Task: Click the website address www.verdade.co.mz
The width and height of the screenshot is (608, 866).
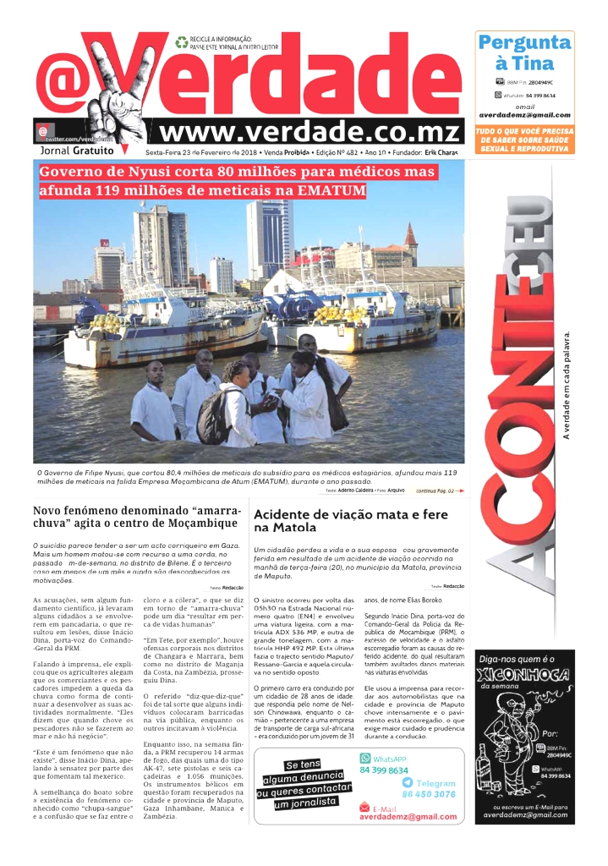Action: (x=310, y=132)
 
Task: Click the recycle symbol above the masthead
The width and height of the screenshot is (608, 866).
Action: (x=181, y=41)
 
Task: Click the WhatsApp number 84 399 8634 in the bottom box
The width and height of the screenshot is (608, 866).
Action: (x=383, y=770)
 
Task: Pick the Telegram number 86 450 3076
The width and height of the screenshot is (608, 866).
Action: (x=428, y=794)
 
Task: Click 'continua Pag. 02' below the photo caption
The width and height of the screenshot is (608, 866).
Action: (x=440, y=491)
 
